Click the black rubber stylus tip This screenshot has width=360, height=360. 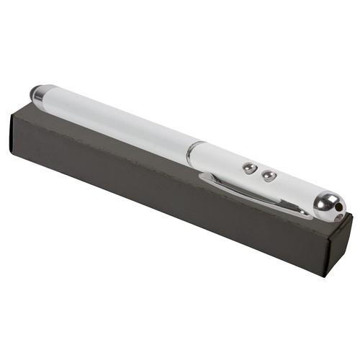[x=35, y=91]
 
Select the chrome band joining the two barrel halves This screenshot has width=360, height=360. [x=190, y=153]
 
